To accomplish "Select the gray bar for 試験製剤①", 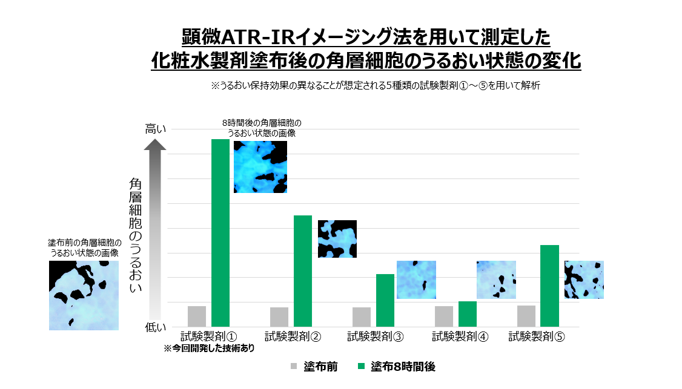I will (197, 316).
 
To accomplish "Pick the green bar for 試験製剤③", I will (385, 300).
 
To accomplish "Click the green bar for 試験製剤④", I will (468, 314).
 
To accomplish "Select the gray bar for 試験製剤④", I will (444, 316).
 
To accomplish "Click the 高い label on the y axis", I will (154, 129).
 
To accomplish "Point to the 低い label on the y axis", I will (154, 327).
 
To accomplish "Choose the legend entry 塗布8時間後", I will (403, 367).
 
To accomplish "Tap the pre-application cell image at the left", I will (84, 295).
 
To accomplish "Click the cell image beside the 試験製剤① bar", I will (260, 167).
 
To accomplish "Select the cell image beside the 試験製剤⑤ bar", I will (584, 279).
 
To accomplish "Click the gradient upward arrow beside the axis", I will (155, 230).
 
